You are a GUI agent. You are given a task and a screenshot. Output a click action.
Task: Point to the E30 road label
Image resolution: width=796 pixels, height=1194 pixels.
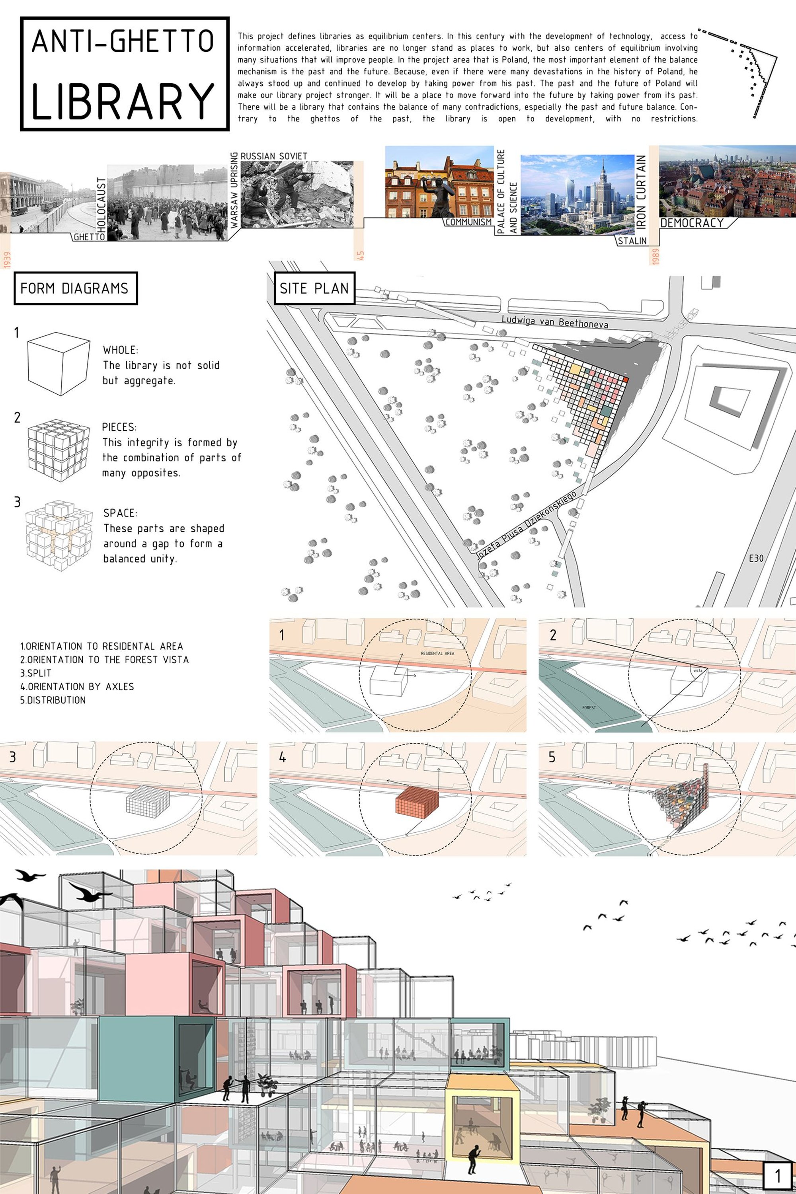tap(756, 558)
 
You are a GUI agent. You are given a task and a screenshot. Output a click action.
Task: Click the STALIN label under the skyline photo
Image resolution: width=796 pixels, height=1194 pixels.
tap(632, 241)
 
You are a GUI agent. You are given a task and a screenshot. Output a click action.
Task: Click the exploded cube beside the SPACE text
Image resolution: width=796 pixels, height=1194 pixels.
tap(59, 536)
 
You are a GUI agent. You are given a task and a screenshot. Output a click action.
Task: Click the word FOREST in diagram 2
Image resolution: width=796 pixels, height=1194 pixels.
tap(589, 707)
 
